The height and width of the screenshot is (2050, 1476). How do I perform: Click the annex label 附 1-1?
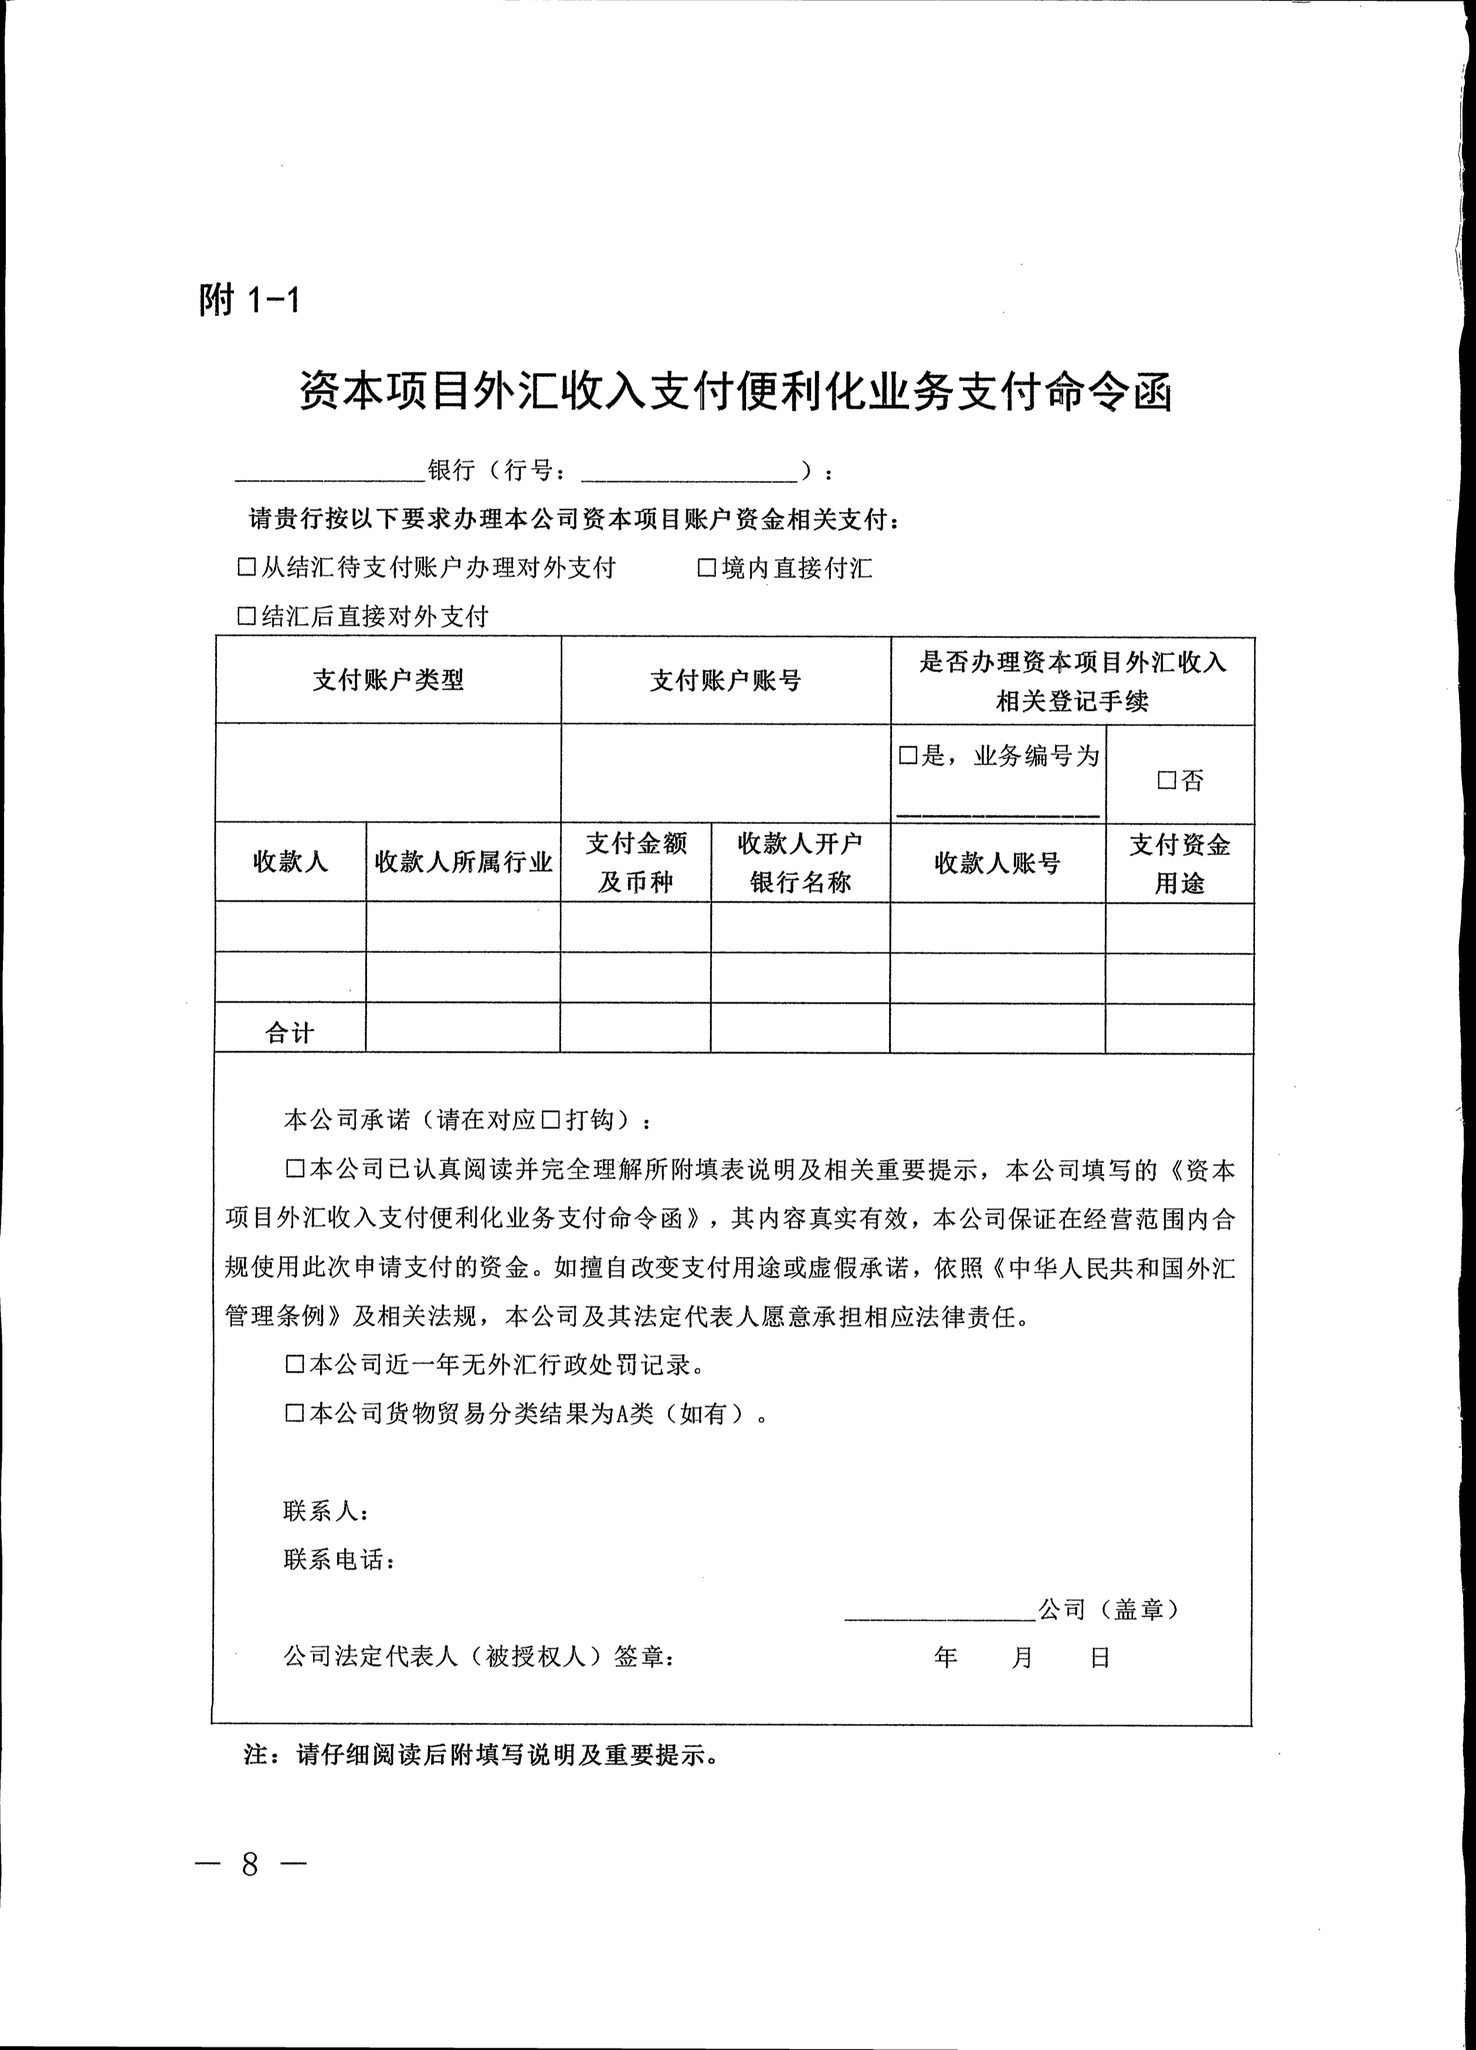pyautogui.click(x=249, y=299)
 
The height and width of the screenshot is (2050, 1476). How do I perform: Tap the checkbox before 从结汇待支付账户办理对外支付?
pyautogui.click(x=245, y=568)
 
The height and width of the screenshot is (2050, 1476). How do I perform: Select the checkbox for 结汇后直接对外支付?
pyautogui.click(x=245, y=616)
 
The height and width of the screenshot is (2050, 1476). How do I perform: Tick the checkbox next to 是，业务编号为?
pyautogui.click(x=908, y=755)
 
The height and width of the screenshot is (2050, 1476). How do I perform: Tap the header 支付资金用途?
pyautogui.click(x=1179, y=864)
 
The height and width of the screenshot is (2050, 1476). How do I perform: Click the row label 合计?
pyautogui.click(x=289, y=1033)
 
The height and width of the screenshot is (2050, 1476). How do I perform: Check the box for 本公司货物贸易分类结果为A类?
pyautogui.click(x=294, y=1414)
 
